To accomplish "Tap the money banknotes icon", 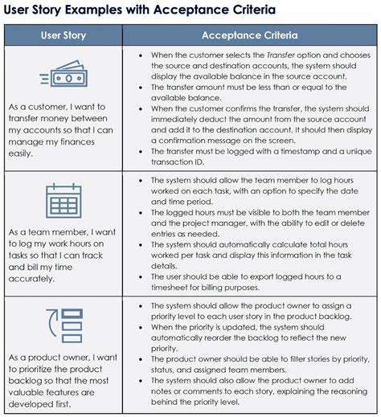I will [64, 78].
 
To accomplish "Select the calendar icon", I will [64, 201].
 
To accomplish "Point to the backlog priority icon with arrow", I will [64, 326].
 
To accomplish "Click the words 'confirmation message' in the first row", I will [201, 138].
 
